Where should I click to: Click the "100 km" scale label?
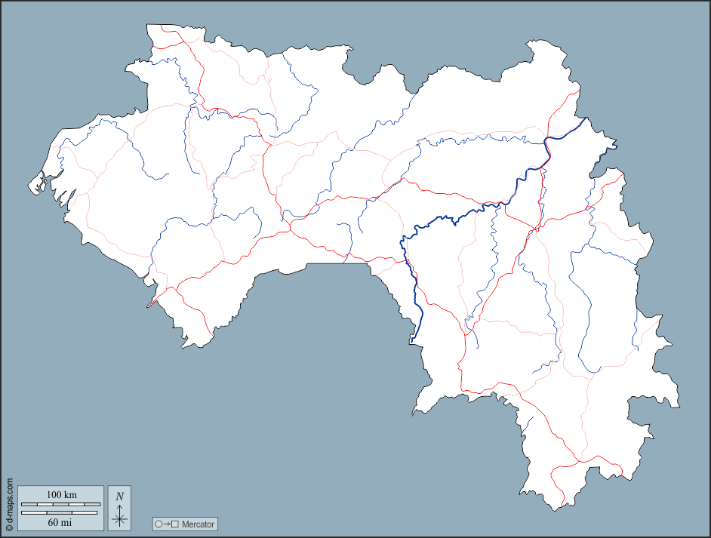tap(61, 494)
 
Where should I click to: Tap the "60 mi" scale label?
tap(60, 521)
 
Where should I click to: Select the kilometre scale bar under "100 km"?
tap(60, 503)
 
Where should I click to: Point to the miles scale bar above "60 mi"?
tap(60, 512)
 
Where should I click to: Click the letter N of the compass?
tap(119, 496)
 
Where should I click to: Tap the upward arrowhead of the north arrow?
tap(119, 506)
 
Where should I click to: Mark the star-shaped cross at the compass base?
tap(119, 518)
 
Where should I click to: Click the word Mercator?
tap(199, 524)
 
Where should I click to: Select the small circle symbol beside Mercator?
tap(159, 524)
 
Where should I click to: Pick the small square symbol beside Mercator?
tap(175, 524)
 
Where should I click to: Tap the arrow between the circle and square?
tap(167, 524)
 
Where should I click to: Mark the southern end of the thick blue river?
tap(414, 339)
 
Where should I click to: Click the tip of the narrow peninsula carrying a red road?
tap(149, 306)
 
